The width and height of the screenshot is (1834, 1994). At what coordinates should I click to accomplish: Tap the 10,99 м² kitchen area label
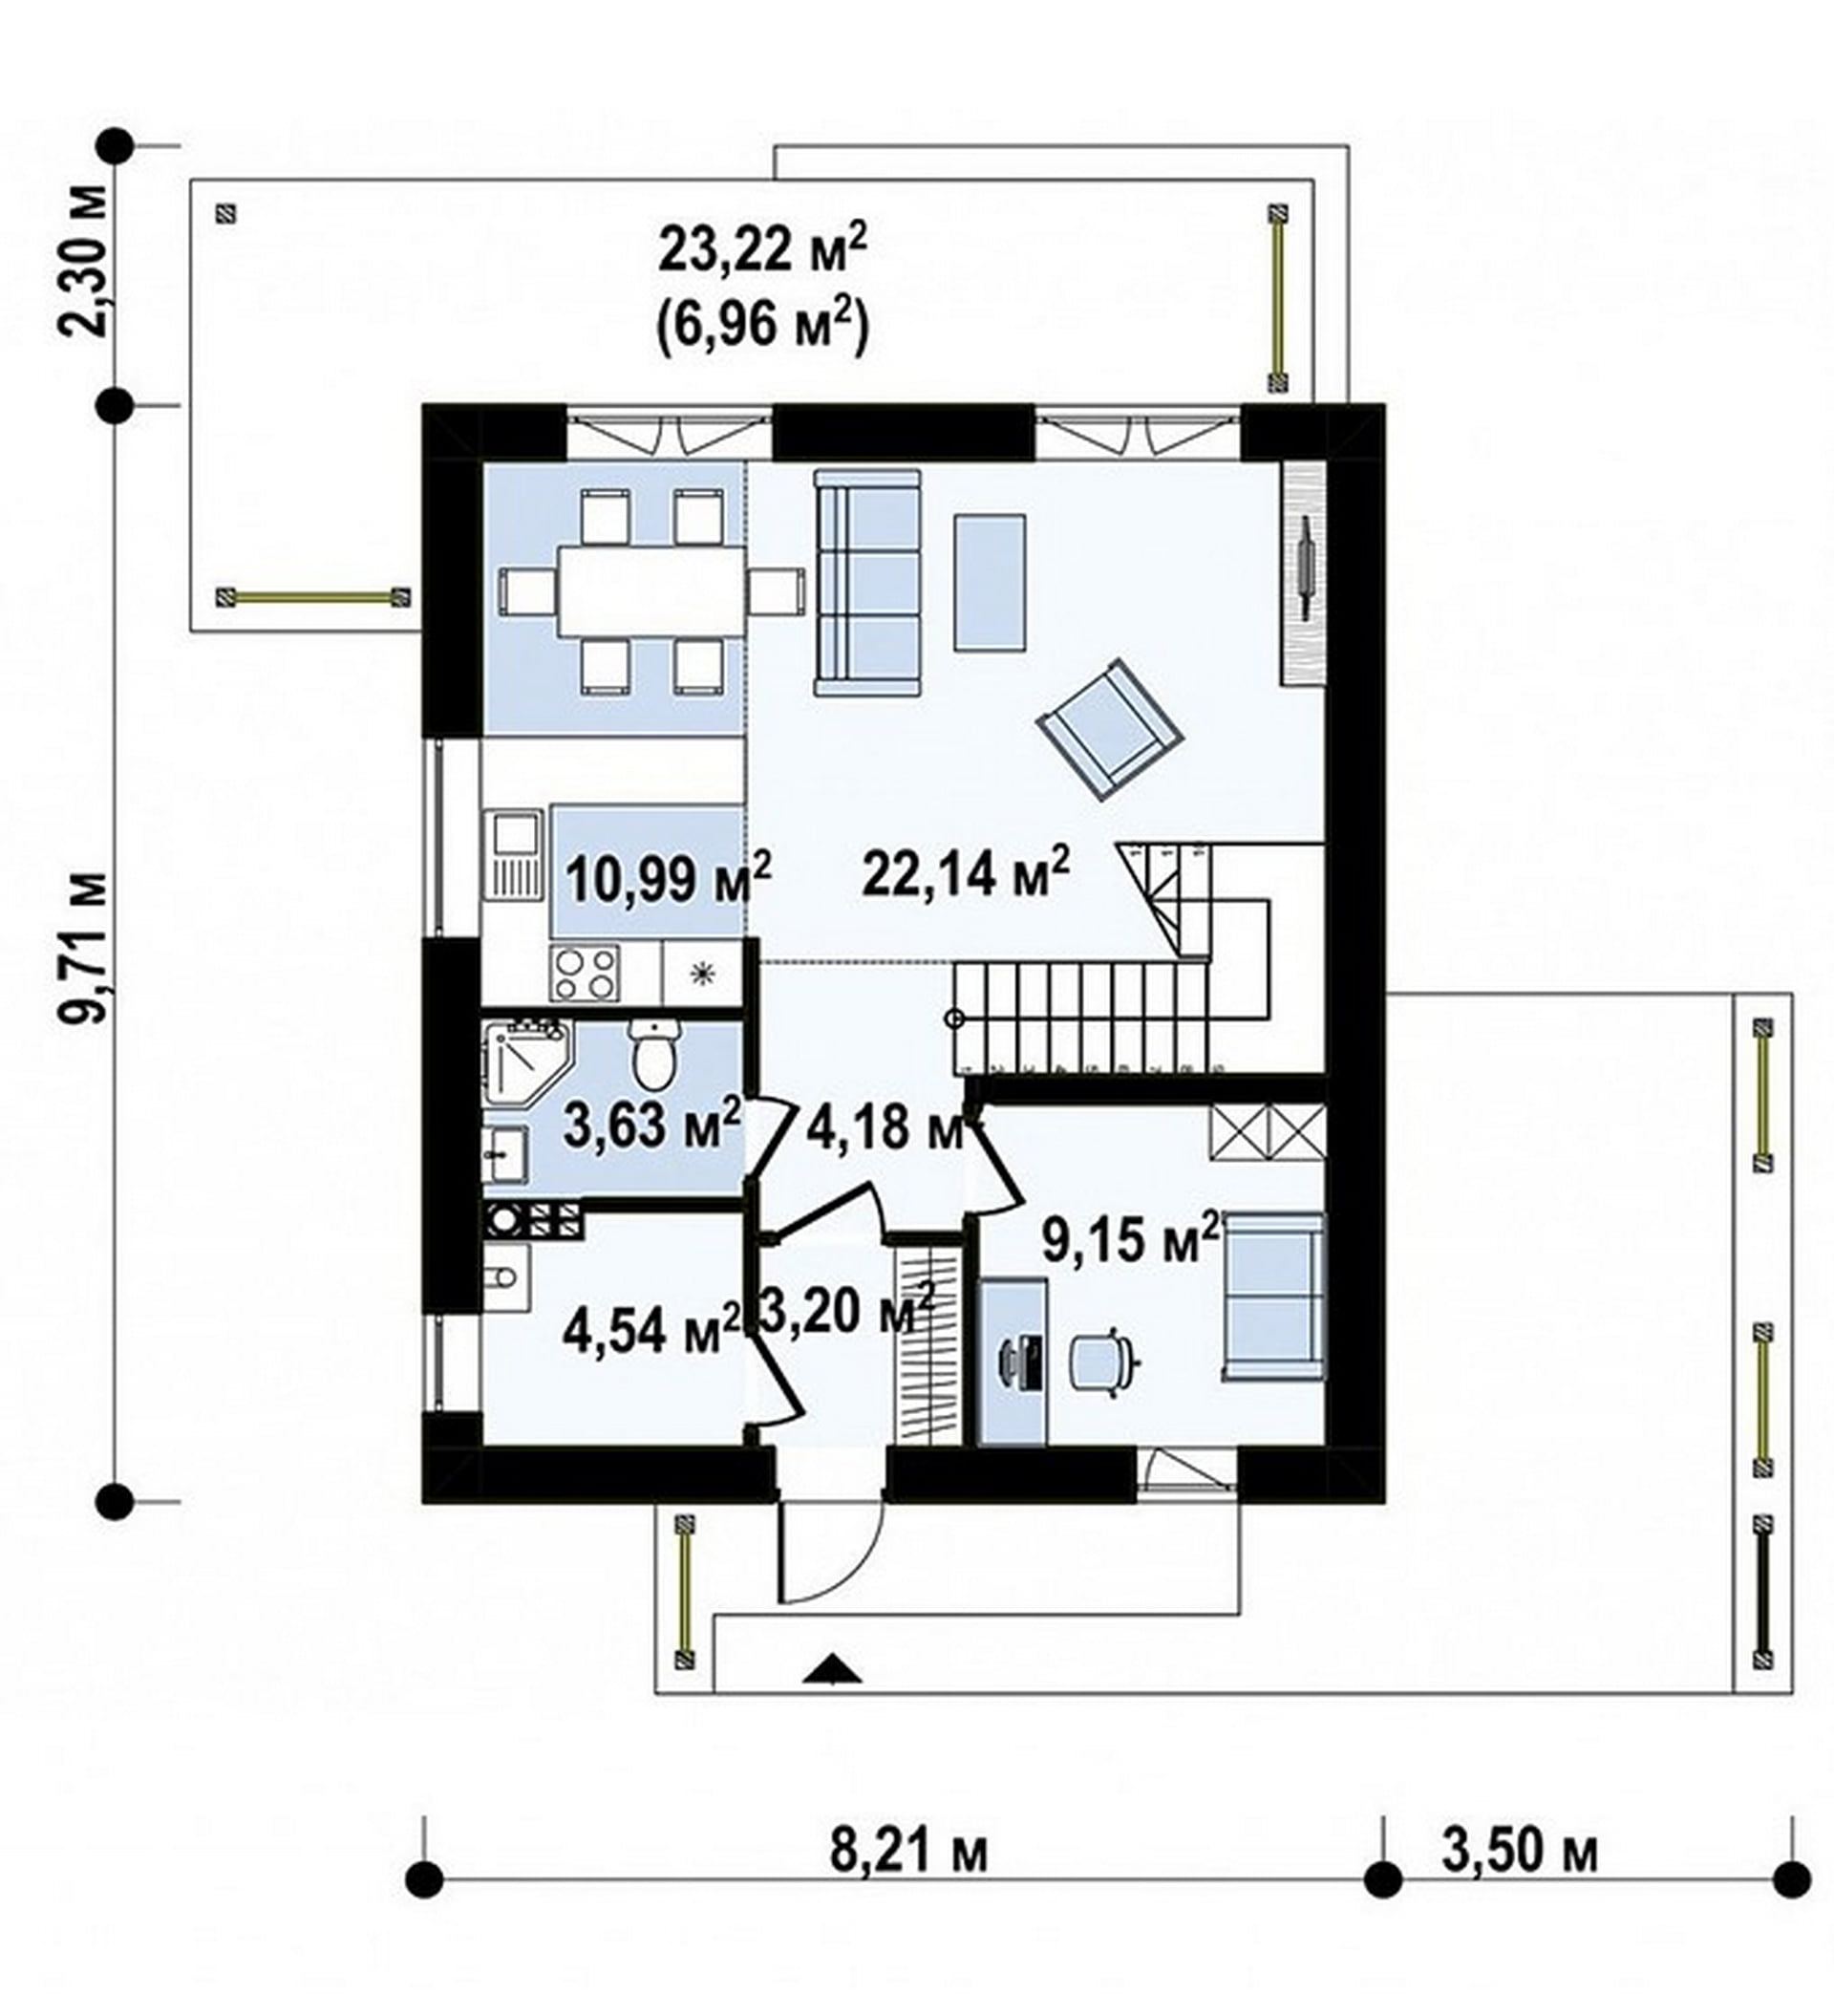pyautogui.click(x=669, y=877)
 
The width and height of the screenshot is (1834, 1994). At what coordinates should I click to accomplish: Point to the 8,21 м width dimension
pyautogui.click(x=909, y=1852)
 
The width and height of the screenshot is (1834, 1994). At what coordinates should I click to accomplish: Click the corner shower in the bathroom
pyautogui.click(x=526, y=1068)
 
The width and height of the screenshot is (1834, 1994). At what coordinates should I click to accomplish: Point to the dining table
pyautogui.click(x=652, y=592)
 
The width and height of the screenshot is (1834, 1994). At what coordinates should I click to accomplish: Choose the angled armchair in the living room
pyautogui.click(x=1109, y=730)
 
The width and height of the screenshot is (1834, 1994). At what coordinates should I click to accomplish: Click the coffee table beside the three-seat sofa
pyautogui.click(x=990, y=583)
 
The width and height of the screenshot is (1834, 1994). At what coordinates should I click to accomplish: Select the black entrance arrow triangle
pyautogui.click(x=833, y=1671)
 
